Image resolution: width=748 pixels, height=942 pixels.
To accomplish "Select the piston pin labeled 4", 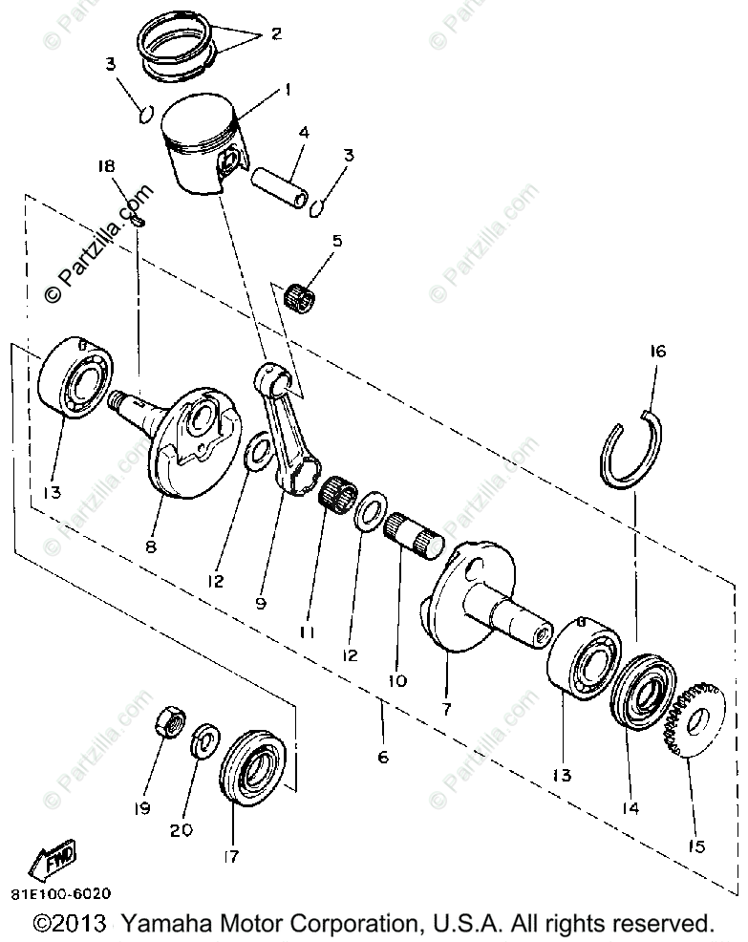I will [x=280, y=187].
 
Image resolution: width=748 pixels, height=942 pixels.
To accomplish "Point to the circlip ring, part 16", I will [x=633, y=449].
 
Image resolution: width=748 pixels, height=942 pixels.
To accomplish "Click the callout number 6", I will [x=383, y=758].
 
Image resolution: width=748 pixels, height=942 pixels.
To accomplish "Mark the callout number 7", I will [x=449, y=711].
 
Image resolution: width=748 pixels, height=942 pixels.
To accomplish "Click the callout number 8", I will [x=150, y=547].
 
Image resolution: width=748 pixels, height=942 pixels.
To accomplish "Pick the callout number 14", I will [x=630, y=808].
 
